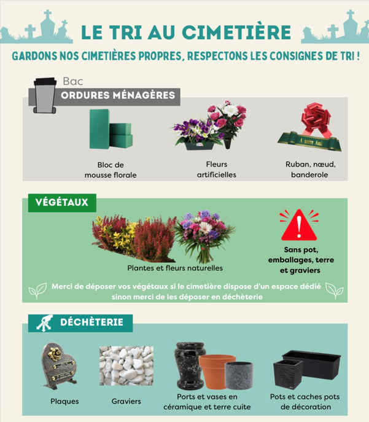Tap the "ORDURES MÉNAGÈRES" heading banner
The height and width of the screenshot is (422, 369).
point(118,95)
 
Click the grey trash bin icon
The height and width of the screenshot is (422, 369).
point(44,95)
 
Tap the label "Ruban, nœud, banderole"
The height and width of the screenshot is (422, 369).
point(310,170)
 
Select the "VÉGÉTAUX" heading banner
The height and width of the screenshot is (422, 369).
point(61,202)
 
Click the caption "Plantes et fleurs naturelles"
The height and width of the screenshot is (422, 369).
point(175,268)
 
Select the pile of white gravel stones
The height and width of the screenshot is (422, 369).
point(126,367)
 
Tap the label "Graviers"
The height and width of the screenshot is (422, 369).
point(126,402)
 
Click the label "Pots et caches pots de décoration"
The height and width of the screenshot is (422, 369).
point(305,401)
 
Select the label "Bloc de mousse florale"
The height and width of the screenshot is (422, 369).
point(111,170)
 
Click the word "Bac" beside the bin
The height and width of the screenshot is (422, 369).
point(72,80)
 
